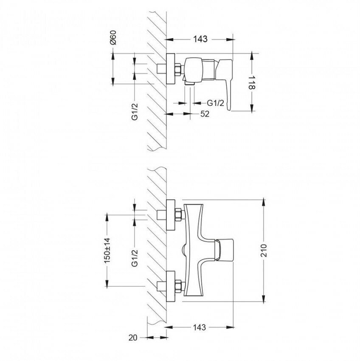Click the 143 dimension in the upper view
click(200, 39)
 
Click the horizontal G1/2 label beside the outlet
click(216, 103)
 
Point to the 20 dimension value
click(133, 338)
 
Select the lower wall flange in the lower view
click(171, 286)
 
